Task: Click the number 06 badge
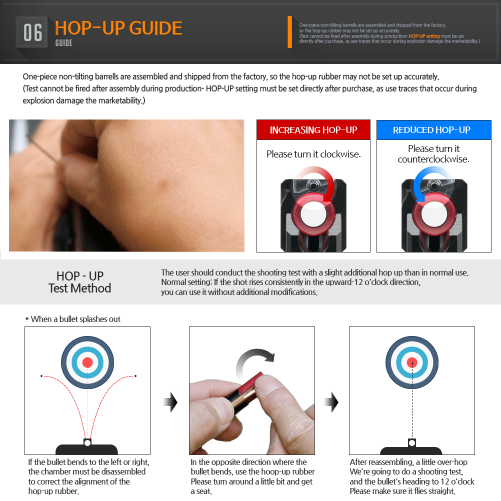[32, 32]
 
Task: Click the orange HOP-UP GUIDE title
[118, 28]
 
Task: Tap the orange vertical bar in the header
[290, 32]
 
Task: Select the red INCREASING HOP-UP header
[313, 130]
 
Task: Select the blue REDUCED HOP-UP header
[433, 130]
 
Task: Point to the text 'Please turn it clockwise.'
[313, 154]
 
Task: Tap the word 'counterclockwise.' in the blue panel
[433, 159]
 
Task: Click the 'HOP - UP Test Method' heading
[79, 282]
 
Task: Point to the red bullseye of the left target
[87, 362]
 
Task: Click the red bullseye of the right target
[412, 362]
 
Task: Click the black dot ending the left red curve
[41, 376]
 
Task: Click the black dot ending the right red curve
[135, 376]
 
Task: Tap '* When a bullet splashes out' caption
[73, 319]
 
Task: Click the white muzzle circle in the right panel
[412, 443]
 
